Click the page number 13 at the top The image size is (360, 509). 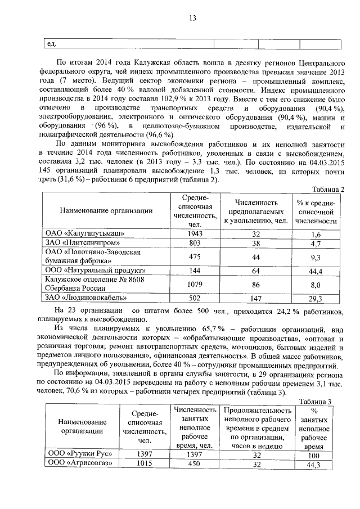(x=192, y=19)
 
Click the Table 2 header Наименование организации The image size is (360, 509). (x=106, y=210)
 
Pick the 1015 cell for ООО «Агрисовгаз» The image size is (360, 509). (x=145, y=464)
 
